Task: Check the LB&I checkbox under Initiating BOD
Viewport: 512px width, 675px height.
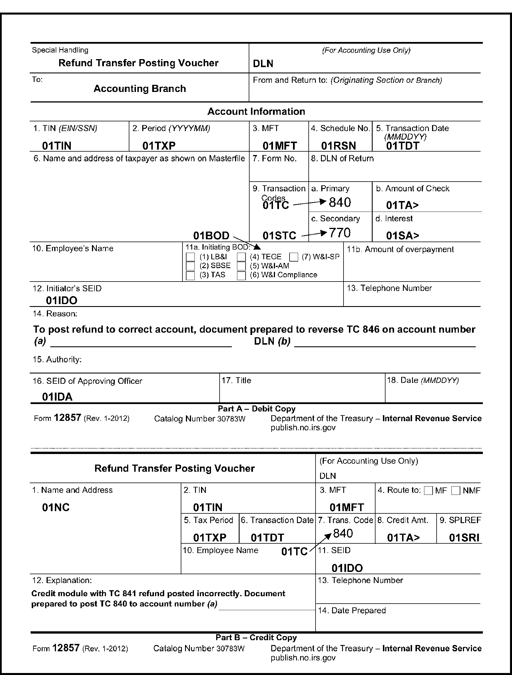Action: pos(190,257)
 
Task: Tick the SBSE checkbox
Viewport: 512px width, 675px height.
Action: pos(190,266)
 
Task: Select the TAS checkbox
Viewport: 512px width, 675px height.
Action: pos(190,276)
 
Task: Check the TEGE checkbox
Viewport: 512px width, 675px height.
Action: pos(241,257)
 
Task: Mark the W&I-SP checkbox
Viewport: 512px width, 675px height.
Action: pos(294,257)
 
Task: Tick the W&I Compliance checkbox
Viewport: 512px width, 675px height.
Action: pos(241,276)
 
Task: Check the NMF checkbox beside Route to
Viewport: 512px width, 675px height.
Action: pos(455,491)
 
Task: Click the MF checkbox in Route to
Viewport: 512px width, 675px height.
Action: pos(428,491)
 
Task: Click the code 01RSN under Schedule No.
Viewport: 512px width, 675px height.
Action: pos(338,146)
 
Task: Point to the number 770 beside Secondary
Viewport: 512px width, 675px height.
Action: pos(340,233)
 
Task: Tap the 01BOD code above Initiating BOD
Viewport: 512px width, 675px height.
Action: pos(211,236)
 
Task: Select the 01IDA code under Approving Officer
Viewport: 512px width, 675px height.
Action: pos(57,397)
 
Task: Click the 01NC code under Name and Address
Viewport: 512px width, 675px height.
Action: pos(56,507)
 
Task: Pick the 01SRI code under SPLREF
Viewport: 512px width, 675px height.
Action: pos(464,538)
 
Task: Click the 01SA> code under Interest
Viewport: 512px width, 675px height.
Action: pos(402,236)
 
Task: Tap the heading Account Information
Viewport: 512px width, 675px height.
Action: pos(256,111)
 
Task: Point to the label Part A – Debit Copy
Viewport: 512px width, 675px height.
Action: pos(257,409)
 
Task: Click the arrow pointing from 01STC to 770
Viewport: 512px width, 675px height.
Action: pos(314,234)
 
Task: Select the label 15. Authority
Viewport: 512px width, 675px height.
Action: pos(57,359)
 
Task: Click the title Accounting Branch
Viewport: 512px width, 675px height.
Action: pos(140,89)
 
